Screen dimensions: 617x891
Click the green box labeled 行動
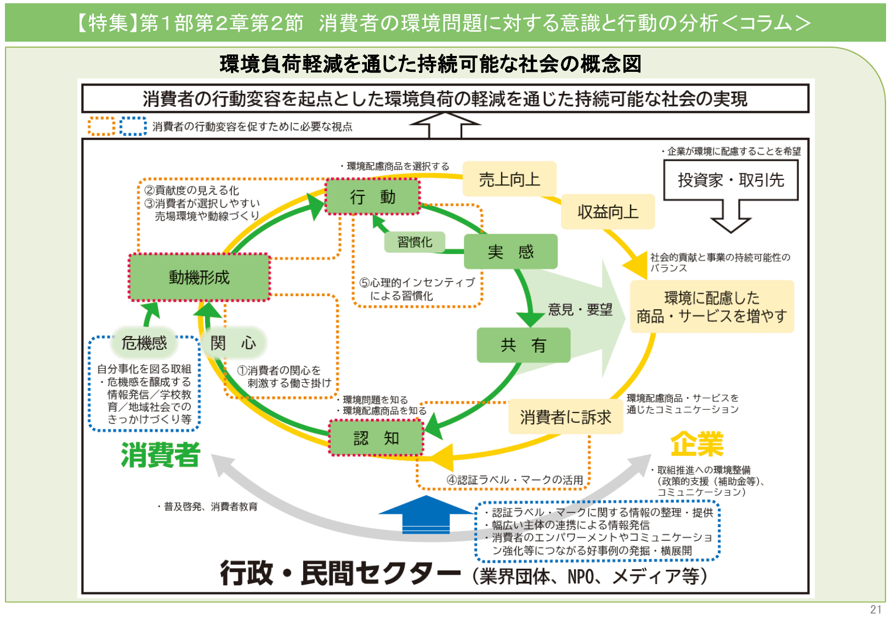(x=373, y=196)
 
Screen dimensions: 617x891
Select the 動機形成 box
(x=200, y=278)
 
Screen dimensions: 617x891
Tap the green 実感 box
(x=510, y=252)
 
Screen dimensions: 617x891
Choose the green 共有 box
(x=523, y=345)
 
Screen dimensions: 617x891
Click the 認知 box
(x=376, y=438)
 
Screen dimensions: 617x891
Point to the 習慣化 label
(x=415, y=242)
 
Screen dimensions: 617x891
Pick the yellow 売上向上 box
(x=509, y=179)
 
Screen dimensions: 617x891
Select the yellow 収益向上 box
(x=608, y=212)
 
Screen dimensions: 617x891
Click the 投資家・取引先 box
(x=730, y=180)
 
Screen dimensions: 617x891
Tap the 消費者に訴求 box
(x=565, y=417)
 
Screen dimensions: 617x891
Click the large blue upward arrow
(x=425, y=514)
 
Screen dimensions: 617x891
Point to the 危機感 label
(x=144, y=343)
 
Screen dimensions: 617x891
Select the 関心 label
(x=233, y=343)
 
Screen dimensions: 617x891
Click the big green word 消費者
(x=161, y=455)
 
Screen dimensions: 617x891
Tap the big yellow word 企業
(x=697, y=444)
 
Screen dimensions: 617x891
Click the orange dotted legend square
(x=101, y=126)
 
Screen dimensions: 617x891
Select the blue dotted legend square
(x=133, y=126)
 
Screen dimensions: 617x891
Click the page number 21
(x=876, y=609)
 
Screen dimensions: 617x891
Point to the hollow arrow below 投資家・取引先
(x=730, y=217)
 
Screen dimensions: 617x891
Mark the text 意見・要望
(x=580, y=310)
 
